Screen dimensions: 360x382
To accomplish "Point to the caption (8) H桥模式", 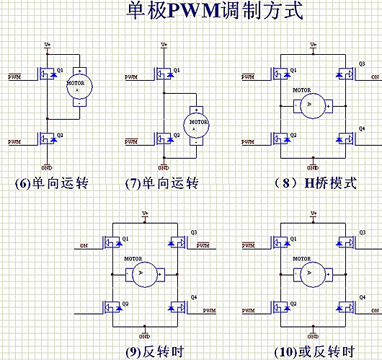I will [x=314, y=183].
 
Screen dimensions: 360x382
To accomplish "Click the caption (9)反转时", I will [x=154, y=351].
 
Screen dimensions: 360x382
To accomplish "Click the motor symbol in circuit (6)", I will [x=77, y=87].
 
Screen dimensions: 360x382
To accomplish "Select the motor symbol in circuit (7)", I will [x=197, y=122].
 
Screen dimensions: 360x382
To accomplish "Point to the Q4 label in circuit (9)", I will [x=194, y=297].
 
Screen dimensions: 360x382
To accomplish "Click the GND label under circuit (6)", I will [x=48, y=167].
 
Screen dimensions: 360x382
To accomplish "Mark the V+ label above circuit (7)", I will [x=164, y=45].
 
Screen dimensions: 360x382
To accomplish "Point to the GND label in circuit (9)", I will [x=144, y=336].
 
